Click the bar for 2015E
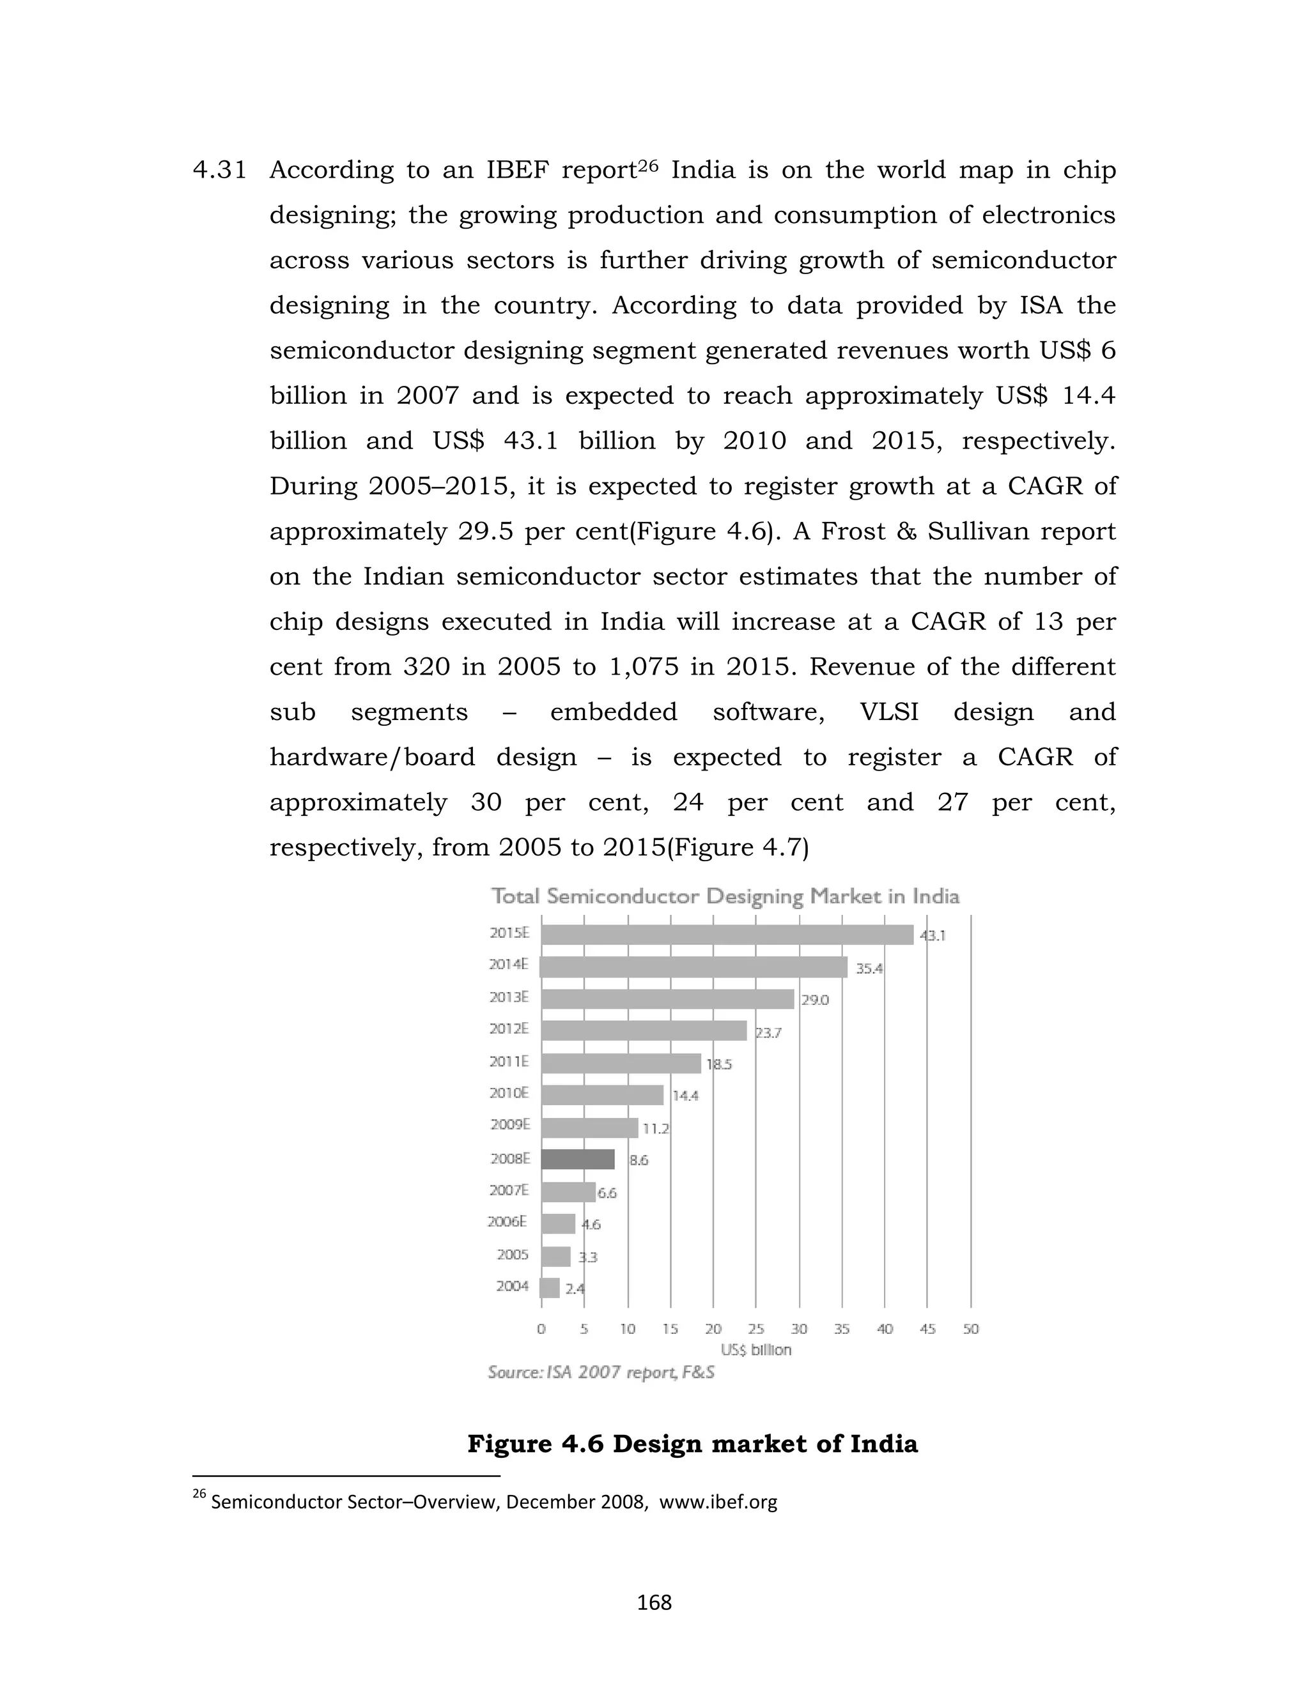[727, 935]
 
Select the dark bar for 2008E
[578, 1159]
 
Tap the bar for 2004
[550, 1287]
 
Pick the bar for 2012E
[644, 1030]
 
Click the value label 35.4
[869, 968]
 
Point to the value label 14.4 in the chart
[685, 1095]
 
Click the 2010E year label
[509, 1093]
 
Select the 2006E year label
[507, 1222]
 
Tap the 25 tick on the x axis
[755, 1329]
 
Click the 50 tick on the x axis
[971, 1329]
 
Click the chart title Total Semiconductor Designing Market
[725, 897]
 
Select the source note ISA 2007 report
[601, 1373]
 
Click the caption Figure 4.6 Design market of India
[692, 1444]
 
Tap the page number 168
[654, 1602]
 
